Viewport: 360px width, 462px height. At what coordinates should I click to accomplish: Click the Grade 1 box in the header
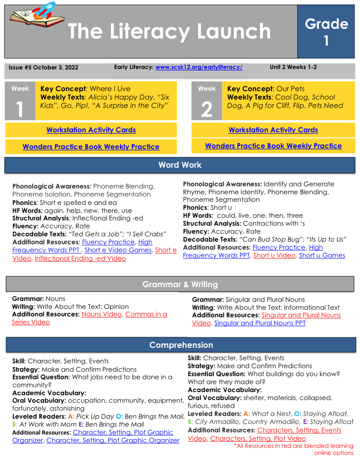326,31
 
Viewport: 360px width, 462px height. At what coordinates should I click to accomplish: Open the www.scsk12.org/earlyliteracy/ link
199,67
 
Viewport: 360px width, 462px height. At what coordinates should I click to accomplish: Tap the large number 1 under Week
20,109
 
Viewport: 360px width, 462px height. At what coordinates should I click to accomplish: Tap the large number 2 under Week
207,109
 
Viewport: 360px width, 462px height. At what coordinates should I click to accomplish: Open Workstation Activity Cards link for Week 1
91,130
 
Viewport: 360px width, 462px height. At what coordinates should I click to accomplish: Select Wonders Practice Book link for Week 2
273,146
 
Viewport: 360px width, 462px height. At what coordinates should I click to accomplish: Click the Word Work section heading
180,165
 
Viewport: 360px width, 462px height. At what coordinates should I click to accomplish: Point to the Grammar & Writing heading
180,285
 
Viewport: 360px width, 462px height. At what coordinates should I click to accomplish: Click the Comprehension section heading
181,345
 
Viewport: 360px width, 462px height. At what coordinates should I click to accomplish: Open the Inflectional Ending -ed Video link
80,258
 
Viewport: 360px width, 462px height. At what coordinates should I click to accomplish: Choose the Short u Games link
322,255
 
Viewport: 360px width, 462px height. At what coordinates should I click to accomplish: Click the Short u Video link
274,255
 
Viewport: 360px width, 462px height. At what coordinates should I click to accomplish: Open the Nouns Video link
101,315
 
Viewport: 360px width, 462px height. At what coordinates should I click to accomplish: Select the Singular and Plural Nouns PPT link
260,323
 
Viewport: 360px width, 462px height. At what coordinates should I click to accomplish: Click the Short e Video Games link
118,250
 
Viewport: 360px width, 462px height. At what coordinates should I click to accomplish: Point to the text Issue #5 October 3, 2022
43,68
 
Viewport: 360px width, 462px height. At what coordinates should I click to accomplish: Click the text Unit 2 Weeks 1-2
293,67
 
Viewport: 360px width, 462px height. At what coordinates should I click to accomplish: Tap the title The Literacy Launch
169,31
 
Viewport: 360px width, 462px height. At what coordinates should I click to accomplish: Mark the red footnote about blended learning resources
294,449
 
